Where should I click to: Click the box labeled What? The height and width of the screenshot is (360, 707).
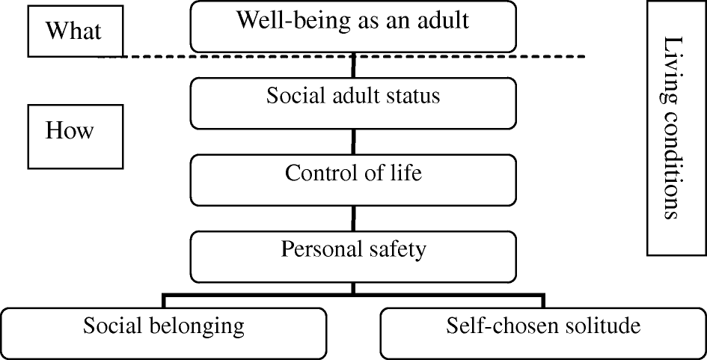(76, 31)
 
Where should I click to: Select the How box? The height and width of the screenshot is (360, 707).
(76, 137)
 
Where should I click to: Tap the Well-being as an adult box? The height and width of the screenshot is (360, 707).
(353, 27)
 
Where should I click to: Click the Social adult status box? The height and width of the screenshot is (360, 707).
(353, 103)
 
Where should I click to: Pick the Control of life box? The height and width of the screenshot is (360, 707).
(353, 180)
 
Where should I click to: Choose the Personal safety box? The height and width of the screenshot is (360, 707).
(353, 257)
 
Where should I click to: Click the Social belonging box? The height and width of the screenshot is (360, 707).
(163, 333)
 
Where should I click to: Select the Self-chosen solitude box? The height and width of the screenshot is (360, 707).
(543, 333)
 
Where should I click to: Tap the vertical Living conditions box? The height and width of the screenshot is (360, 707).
(677, 128)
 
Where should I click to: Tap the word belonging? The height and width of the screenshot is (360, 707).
(197, 326)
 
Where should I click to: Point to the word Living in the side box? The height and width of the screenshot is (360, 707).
(671, 69)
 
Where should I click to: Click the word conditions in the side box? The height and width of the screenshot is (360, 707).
(673, 164)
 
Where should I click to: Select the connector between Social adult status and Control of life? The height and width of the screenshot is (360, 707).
(353, 142)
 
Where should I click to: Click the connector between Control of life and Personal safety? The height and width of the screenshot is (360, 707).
(353, 219)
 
